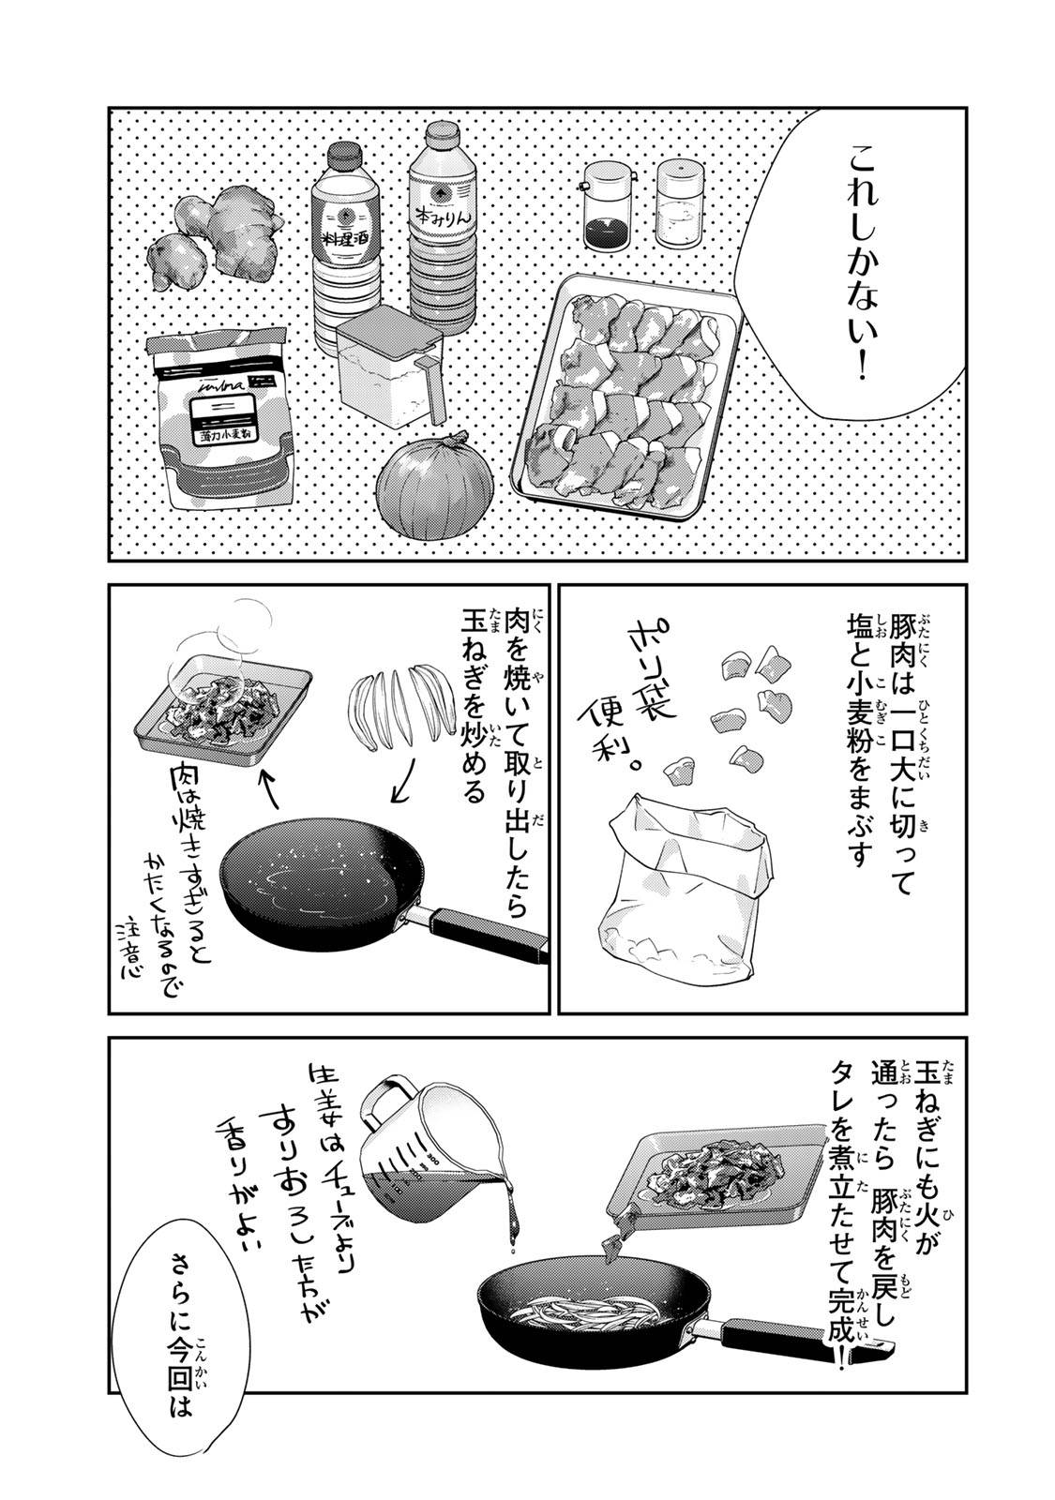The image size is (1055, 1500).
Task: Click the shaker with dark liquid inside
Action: [609, 206]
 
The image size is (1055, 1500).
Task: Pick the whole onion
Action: [435, 487]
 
